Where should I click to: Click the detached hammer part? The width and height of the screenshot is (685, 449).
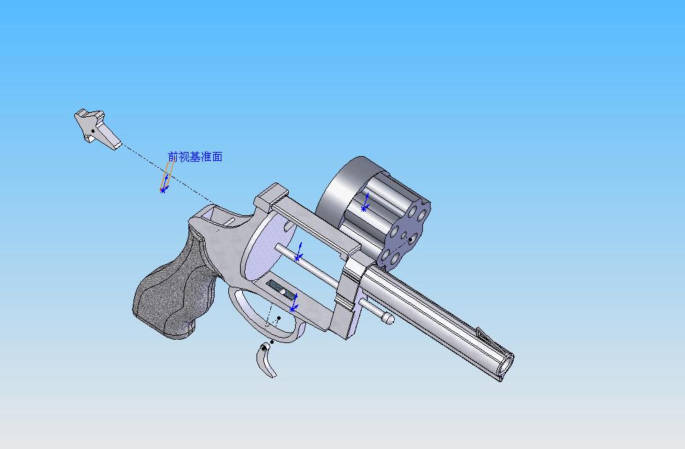pos(95,129)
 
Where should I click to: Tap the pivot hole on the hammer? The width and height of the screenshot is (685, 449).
pos(93,131)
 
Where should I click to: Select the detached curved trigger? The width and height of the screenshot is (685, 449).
pos(265,361)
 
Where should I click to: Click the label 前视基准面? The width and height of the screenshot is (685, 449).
pos(195,157)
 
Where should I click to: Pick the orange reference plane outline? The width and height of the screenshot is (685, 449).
pos(166,175)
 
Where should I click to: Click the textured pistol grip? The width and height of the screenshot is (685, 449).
pos(175,288)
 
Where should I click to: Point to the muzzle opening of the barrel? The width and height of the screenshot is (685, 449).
pos(507,363)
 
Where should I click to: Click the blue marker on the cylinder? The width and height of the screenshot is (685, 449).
pos(365,203)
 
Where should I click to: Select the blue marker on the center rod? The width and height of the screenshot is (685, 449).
pos(298,252)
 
